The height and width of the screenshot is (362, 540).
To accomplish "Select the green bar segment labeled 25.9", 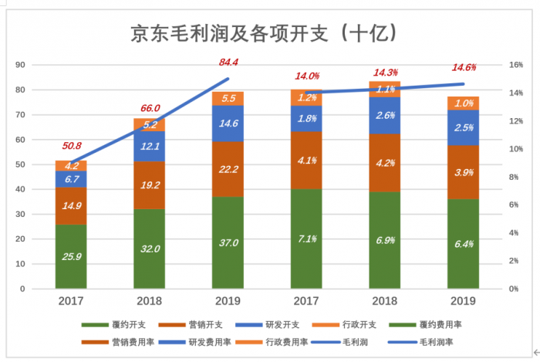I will [71, 256].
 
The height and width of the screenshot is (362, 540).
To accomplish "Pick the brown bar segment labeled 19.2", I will [149, 185].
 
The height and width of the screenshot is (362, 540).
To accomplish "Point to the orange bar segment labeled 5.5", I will [229, 98].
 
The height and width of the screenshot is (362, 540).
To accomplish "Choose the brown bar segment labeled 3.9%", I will [464, 172].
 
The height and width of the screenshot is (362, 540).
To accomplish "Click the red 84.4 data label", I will [229, 62].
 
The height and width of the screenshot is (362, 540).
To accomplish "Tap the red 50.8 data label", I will [71, 146].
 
